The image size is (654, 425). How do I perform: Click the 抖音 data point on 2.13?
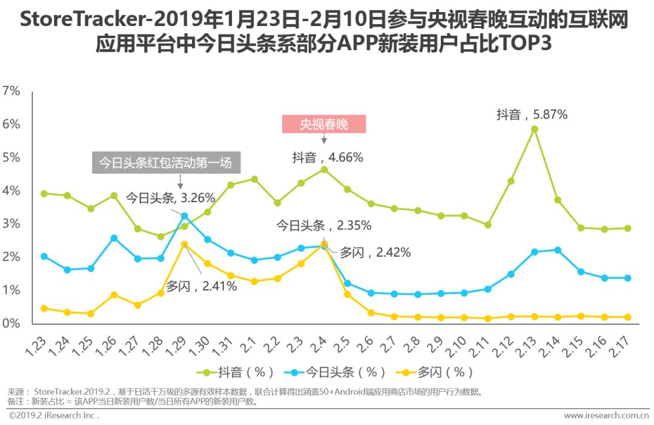534,129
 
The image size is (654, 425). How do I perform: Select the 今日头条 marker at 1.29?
184,216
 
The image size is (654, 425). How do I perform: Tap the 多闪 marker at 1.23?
44,308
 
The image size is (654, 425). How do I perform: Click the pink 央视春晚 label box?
324,124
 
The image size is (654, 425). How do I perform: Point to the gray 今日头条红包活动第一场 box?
165,163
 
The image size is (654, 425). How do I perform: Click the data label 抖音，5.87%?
532,114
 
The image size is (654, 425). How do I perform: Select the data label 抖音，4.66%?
328,158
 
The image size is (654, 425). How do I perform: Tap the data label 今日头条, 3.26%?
170,197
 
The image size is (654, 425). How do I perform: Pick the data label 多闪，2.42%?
375,253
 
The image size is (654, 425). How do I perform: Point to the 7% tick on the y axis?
12,91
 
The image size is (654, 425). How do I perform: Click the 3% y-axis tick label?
12,224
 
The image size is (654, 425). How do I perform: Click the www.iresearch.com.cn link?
606,416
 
